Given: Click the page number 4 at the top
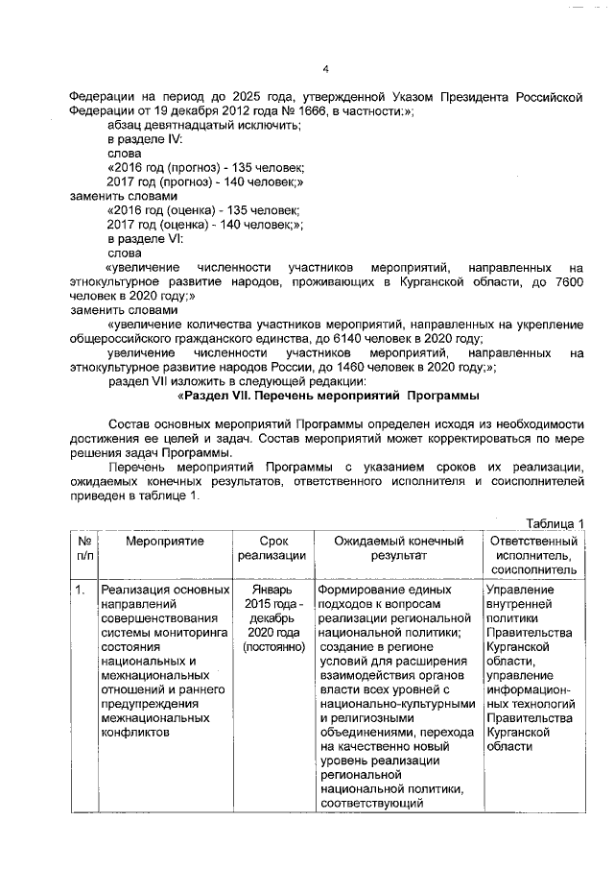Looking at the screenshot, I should click(x=325, y=68).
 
